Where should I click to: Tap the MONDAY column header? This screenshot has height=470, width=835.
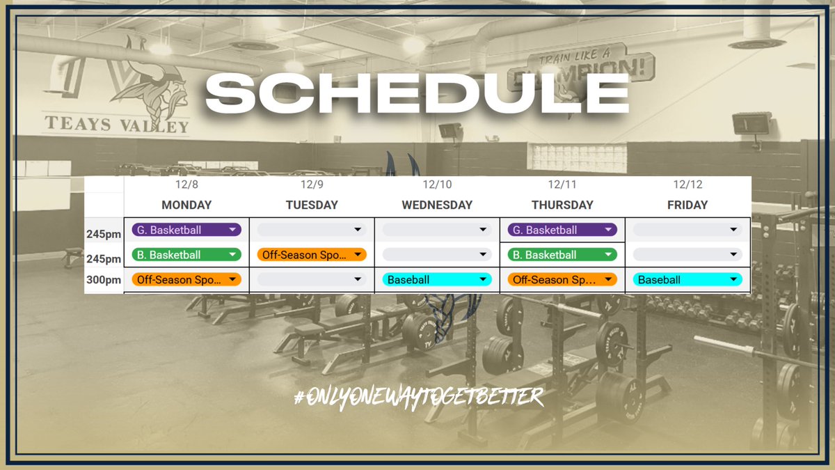point(186,205)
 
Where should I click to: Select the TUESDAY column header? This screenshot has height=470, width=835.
point(312,205)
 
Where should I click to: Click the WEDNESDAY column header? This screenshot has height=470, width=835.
point(437,205)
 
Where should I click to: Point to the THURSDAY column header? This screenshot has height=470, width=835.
point(562,205)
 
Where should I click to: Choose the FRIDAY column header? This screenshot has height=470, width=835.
point(687,205)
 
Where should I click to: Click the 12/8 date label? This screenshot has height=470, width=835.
point(186,185)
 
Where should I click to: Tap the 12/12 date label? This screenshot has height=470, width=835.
point(687,185)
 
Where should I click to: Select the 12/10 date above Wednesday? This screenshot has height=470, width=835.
point(437,185)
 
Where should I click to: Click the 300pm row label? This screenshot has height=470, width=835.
point(104,280)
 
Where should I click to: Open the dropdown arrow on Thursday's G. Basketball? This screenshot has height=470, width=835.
point(608,230)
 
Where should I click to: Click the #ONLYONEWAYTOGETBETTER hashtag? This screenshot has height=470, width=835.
point(418,397)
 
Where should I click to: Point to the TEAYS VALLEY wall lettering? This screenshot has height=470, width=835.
point(117,126)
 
